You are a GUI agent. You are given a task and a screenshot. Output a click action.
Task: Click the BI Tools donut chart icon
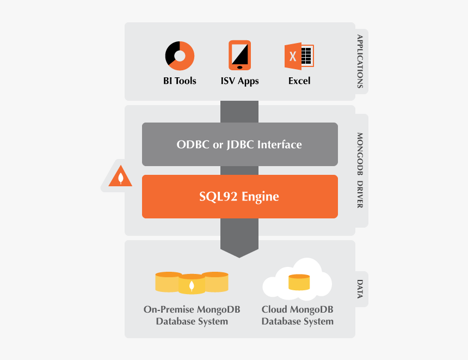click(x=180, y=56)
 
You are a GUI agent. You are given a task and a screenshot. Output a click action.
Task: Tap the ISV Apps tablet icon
click(x=239, y=55)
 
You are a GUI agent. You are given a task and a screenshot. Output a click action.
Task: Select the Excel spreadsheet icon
click(x=299, y=56)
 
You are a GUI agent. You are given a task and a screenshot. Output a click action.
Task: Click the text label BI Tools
click(x=180, y=81)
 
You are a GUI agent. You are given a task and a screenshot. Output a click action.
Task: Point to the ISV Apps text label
click(x=239, y=81)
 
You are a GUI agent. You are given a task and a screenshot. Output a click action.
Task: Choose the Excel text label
click(x=299, y=81)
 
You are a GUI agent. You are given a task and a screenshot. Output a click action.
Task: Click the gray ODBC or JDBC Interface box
click(x=239, y=144)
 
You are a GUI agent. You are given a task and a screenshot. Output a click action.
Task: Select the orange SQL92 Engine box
click(x=239, y=197)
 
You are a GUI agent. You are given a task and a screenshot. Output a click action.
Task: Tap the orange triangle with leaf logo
click(x=120, y=176)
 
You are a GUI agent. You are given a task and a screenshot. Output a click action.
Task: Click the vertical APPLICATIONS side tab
click(x=360, y=61)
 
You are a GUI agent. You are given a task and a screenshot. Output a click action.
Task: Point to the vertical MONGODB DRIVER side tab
click(x=360, y=170)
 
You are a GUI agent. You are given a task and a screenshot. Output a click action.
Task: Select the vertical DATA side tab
click(x=360, y=289)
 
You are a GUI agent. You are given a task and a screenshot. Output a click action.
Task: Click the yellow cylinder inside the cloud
click(x=299, y=283)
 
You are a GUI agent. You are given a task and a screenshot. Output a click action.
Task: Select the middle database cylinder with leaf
click(x=192, y=284)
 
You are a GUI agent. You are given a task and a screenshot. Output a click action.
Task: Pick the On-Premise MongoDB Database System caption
click(x=192, y=315)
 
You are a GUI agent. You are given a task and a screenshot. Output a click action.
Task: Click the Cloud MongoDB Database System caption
click(x=297, y=315)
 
